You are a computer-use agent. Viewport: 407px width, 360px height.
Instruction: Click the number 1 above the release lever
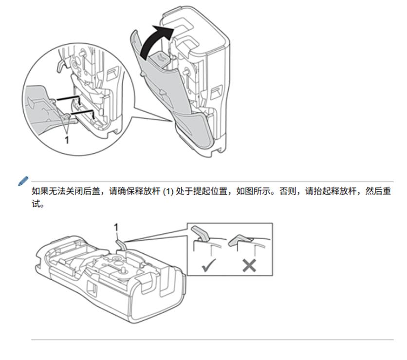click(116, 227)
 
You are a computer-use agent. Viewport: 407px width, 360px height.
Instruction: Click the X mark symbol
click(249, 265)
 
